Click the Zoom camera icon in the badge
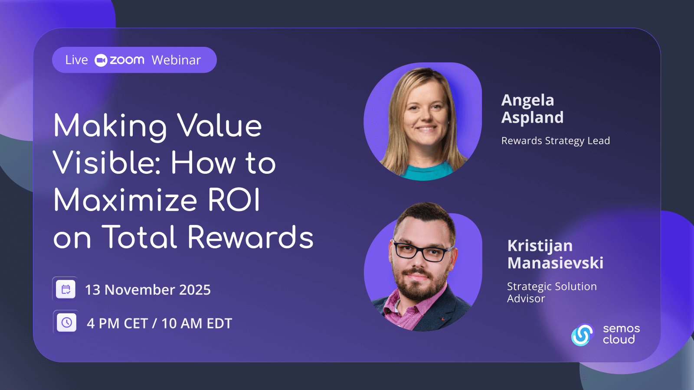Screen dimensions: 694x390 (101, 60)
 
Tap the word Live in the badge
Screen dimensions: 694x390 (76, 60)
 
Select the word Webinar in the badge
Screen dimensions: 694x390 (176, 60)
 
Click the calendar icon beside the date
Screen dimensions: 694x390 (65, 289)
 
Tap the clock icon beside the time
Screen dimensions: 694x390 (67, 322)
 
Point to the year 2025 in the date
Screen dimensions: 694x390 (195, 290)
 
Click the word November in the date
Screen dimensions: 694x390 (140, 290)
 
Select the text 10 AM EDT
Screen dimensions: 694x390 (197, 323)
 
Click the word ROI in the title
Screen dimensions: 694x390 (234, 200)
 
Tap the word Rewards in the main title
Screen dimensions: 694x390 (250, 237)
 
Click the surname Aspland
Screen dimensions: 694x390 (532, 118)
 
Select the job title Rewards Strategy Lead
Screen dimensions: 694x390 (556, 141)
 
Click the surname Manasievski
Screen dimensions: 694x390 (555, 263)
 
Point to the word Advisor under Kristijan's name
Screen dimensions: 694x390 (526, 299)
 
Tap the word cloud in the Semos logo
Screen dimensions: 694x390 (619, 340)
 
